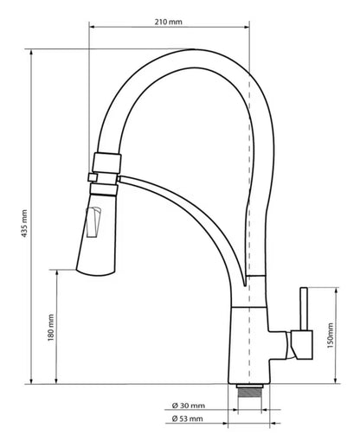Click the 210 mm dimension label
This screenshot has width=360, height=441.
[168, 22]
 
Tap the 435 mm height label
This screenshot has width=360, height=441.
[24, 224]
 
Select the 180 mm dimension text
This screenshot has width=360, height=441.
[51, 328]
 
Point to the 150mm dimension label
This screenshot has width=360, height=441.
[330, 336]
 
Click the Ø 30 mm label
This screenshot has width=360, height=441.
[189, 406]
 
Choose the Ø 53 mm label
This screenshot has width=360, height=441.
[188, 419]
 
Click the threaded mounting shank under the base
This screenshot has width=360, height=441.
[250, 392]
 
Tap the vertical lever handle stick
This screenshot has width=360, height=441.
[305, 309]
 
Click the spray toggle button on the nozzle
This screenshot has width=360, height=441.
[93, 222]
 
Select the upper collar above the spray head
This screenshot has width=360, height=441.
[106, 163]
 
